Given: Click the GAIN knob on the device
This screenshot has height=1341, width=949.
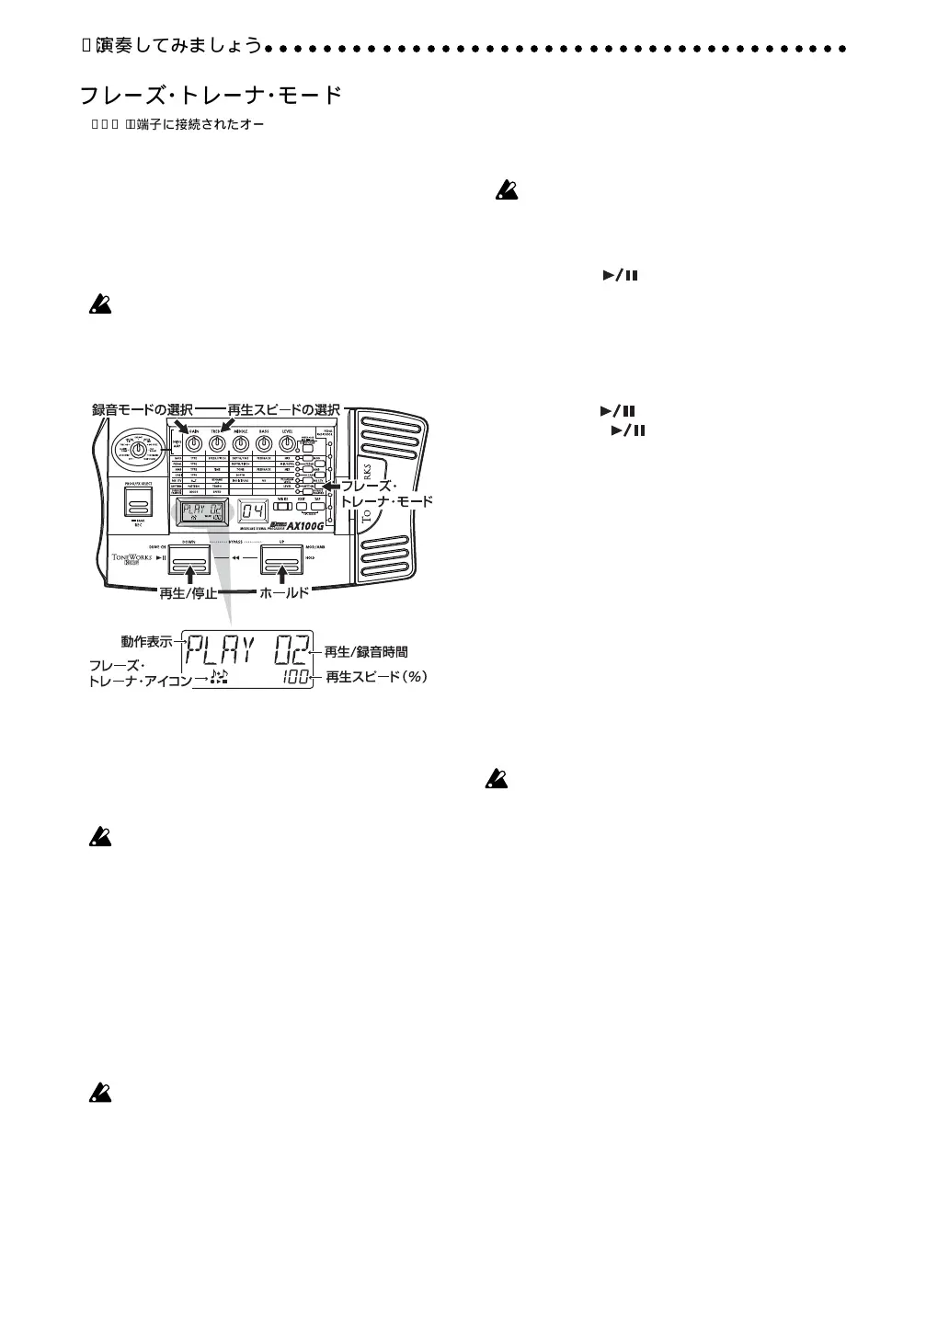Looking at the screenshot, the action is [193, 443].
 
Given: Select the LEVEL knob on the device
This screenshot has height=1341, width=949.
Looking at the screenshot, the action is [287, 443].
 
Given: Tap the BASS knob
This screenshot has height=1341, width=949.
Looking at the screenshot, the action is [264, 443].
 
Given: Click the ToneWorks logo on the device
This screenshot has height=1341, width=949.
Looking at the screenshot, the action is [131, 559].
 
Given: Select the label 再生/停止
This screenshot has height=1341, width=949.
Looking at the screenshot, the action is [189, 594].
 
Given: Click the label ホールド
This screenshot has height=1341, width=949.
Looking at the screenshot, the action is [284, 594].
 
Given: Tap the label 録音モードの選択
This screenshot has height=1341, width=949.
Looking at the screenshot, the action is [142, 409].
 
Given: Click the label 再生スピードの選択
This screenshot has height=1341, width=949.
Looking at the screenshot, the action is [283, 409].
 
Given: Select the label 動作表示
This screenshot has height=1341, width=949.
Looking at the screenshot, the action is [147, 641].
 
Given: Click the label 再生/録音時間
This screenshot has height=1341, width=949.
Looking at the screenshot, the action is [366, 652].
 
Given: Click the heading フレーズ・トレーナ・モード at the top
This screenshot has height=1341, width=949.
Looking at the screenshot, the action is [212, 95].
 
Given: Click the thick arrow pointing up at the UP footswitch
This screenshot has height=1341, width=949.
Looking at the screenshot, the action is [282, 576].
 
